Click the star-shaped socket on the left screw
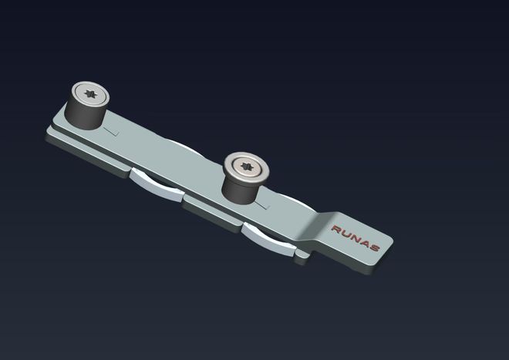point(90,94)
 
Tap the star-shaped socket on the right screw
point(247,167)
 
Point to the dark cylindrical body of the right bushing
point(240,190)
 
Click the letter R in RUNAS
point(336,230)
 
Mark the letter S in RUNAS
point(374,247)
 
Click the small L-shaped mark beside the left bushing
point(111,132)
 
